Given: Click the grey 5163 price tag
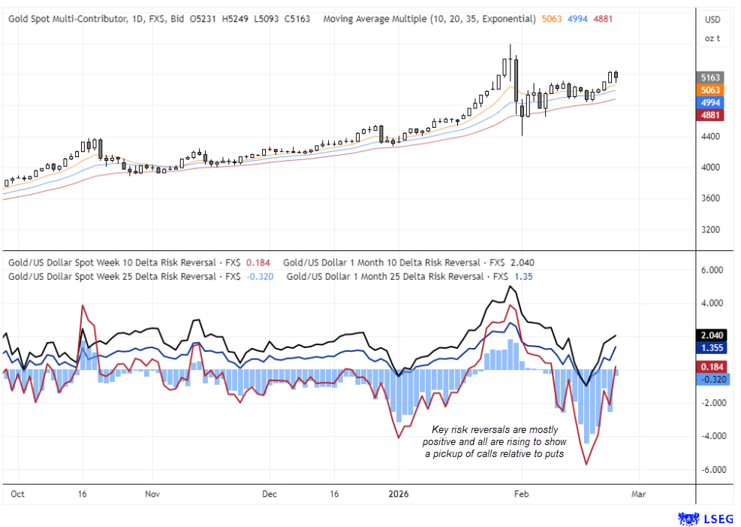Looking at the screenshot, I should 711,77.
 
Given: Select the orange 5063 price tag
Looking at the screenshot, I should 711,90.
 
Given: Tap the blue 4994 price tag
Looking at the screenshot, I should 711,102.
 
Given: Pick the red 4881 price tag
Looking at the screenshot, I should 711,115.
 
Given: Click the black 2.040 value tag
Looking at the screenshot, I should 711,336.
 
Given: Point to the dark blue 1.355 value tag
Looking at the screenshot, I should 711,349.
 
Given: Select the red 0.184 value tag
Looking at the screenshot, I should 711,366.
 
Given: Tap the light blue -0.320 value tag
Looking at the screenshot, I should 711,379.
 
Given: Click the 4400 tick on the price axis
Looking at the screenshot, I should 710,137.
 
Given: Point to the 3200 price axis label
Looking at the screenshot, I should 710,229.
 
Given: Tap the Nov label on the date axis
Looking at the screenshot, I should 152,495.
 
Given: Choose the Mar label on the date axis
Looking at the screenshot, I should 638,495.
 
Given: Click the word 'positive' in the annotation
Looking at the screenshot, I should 438,441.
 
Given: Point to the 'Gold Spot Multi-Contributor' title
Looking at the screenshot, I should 69,19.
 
